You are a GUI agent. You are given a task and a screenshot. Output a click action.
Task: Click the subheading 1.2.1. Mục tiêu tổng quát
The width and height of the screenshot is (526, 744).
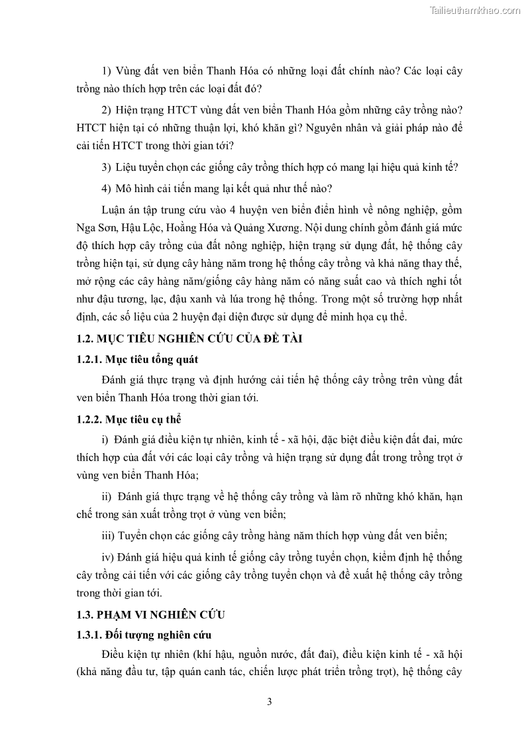coord(138,359)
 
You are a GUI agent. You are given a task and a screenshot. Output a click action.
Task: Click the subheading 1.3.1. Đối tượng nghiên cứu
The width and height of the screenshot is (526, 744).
coord(144,636)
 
